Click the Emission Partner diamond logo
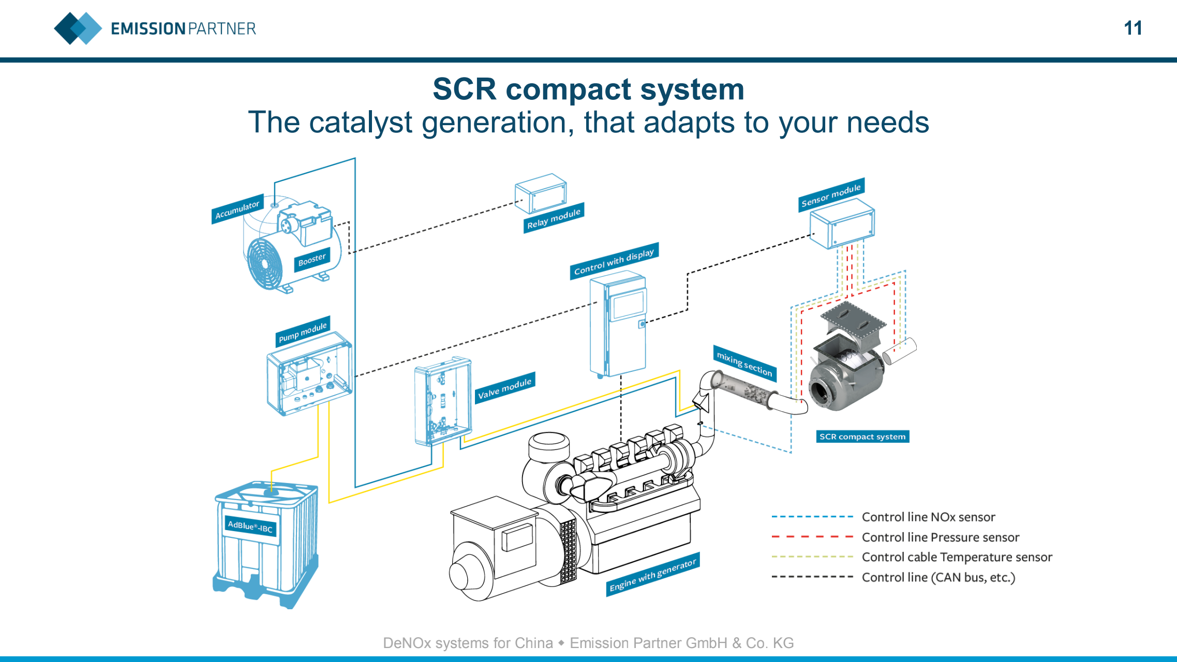tap(78, 28)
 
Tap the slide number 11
tap(1133, 28)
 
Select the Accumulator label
tap(237, 208)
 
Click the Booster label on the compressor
tap(312, 260)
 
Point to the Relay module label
tap(554, 218)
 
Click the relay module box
tap(541, 193)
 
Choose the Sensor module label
tap(831, 194)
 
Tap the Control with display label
tap(614, 261)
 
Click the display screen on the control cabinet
tap(628, 305)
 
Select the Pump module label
tap(303, 331)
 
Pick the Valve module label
tap(505, 387)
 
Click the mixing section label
tap(744, 363)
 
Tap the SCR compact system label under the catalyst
tap(862, 437)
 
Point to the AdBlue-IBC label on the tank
tap(250, 526)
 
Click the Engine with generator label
tap(653, 575)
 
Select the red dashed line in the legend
tap(812, 537)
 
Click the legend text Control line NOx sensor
tap(929, 517)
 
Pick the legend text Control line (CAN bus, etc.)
tap(938, 577)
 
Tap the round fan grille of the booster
tap(265, 263)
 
